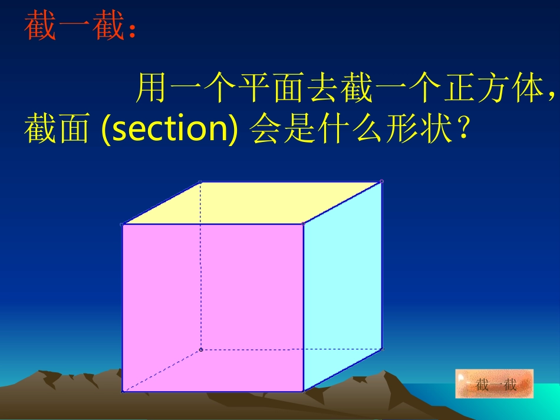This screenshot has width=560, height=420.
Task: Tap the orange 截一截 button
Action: (x=494, y=384)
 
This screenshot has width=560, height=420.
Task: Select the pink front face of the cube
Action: (x=212, y=306)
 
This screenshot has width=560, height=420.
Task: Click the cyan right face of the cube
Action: (x=342, y=283)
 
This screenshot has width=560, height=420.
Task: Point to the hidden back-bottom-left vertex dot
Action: (x=201, y=350)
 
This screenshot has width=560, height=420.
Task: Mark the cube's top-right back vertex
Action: (x=381, y=181)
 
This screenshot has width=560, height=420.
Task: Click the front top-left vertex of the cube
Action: (x=122, y=224)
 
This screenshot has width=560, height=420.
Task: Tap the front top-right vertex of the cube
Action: (x=303, y=224)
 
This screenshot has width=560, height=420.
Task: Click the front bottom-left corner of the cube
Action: (x=122, y=392)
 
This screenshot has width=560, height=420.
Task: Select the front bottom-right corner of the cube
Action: (x=303, y=391)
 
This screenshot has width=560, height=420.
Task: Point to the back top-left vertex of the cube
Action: (x=200, y=182)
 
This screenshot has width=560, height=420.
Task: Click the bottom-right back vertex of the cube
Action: (x=381, y=349)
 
